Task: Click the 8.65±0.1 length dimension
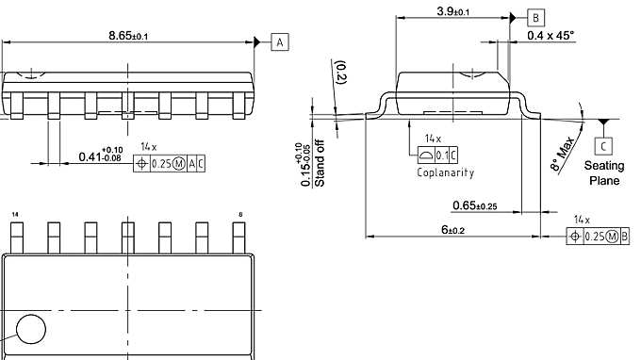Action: click(x=129, y=35)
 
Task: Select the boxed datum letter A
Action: click(x=281, y=41)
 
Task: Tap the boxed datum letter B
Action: click(x=535, y=18)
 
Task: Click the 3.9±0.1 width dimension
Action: click(x=453, y=10)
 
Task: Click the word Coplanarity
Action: click(x=445, y=172)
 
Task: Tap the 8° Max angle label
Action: click(x=563, y=154)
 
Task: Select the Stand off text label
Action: click(x=320, y=163)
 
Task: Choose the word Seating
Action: click(x=605, y=166)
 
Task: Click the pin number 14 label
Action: click(x=15, y=216)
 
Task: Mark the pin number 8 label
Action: click(x=240, y=216)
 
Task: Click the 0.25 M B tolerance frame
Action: click(x=600, y=236)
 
